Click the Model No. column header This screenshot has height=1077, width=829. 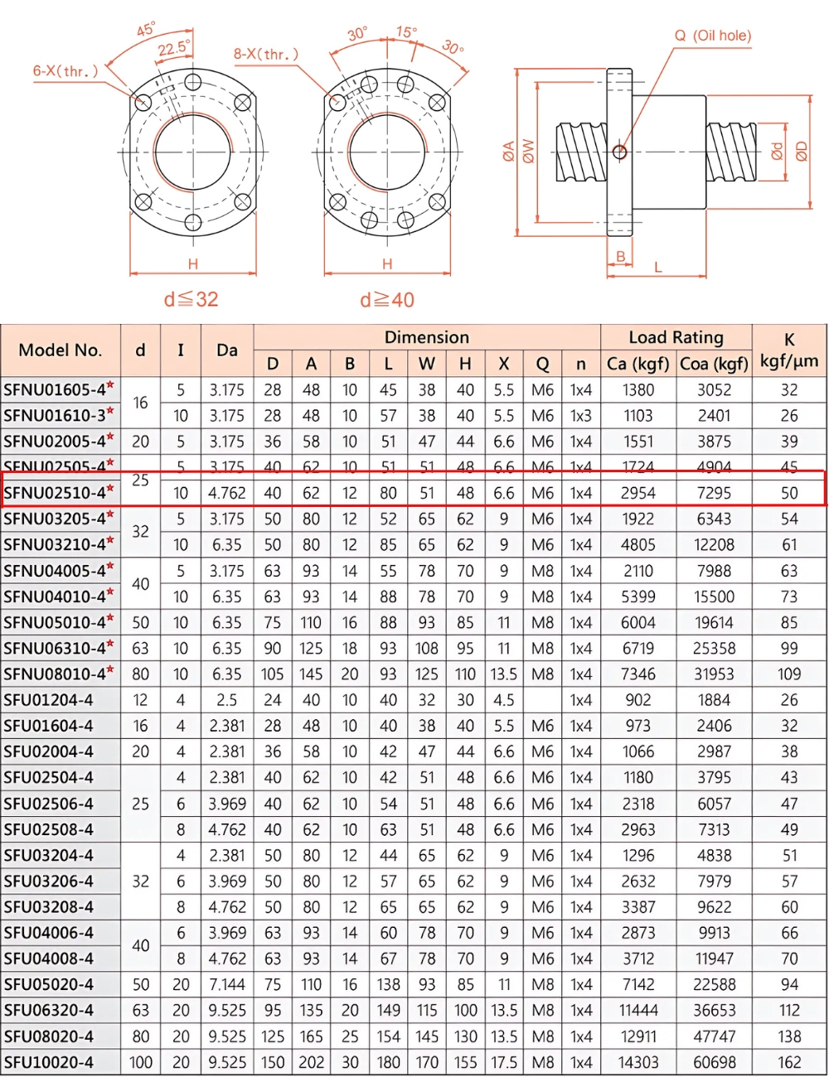point(61,350)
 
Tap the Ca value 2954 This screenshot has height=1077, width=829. point(638,493)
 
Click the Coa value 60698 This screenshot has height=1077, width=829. point(714,1062)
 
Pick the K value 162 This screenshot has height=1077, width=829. point(789,1062)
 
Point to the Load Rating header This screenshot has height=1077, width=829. point(676,337)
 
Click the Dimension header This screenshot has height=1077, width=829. point(427,337)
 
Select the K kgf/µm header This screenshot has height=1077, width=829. point(789,350)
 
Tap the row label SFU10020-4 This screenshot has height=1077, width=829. point(49,1062)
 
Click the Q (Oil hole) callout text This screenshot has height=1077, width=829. point(712,36)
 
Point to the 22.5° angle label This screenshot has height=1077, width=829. point(174,49)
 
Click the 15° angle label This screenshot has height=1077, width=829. point(406,32)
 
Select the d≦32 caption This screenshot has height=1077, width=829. point(191,299)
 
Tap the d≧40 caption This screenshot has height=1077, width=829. point(387,300)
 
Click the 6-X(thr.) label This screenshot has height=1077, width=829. point(65,71)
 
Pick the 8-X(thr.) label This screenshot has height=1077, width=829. point(265,55)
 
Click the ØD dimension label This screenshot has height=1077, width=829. point(801,152)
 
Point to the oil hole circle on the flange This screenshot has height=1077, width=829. point(619,152)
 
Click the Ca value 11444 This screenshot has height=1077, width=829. point(638,1010)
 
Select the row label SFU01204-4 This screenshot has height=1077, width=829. point(49,700)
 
